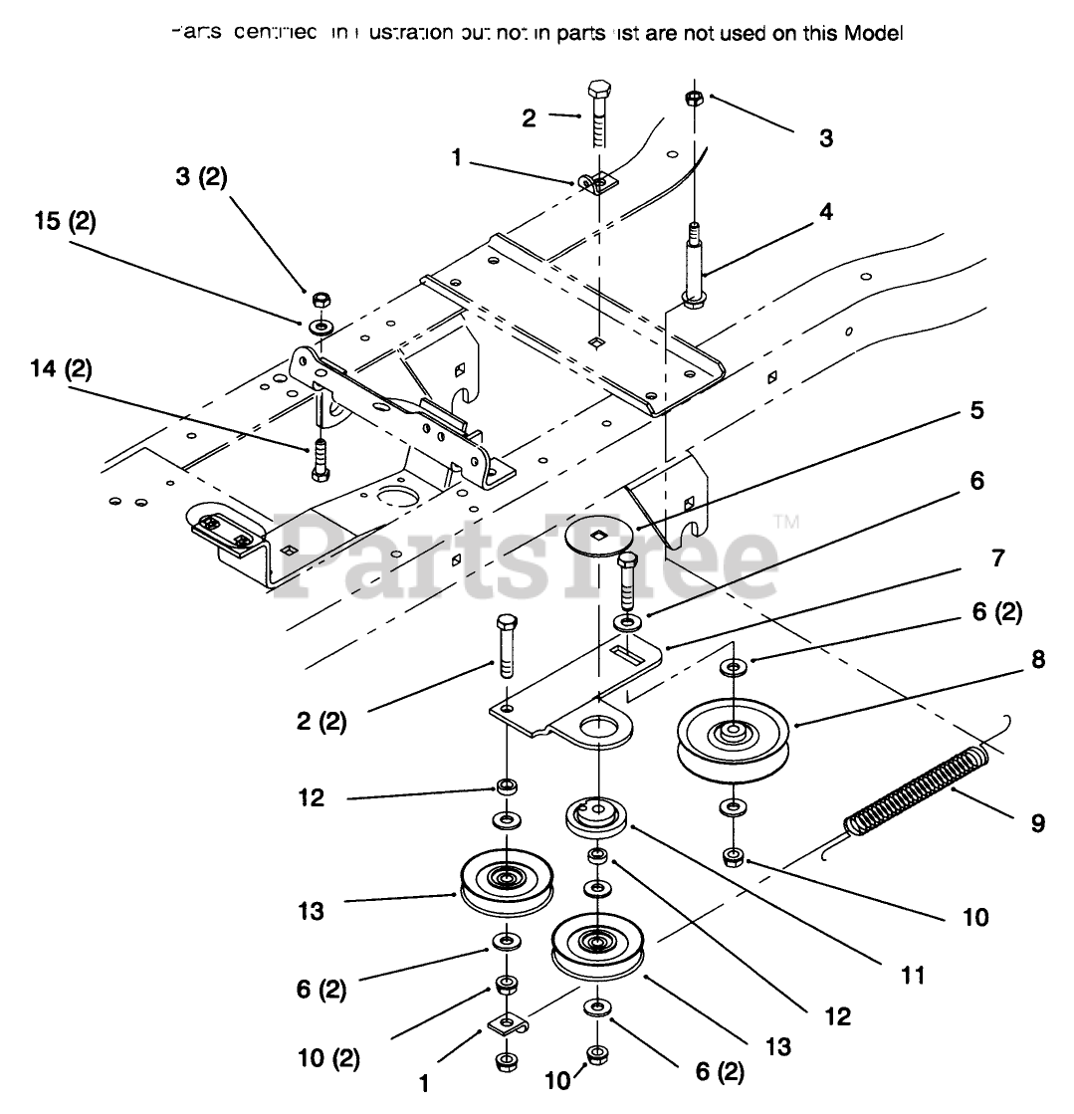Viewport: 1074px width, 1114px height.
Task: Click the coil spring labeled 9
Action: click(918, 791)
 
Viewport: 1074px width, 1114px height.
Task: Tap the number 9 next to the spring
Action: click(1038, 825)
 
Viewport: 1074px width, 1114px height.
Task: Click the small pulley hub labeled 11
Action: click(595, 815)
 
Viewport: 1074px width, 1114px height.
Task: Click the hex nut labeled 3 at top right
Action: click(695, 99)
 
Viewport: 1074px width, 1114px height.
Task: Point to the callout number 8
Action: click(1038, 659)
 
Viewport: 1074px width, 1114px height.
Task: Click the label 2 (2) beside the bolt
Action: click(321, 722)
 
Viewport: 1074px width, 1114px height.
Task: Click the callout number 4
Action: click(827, 211)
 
